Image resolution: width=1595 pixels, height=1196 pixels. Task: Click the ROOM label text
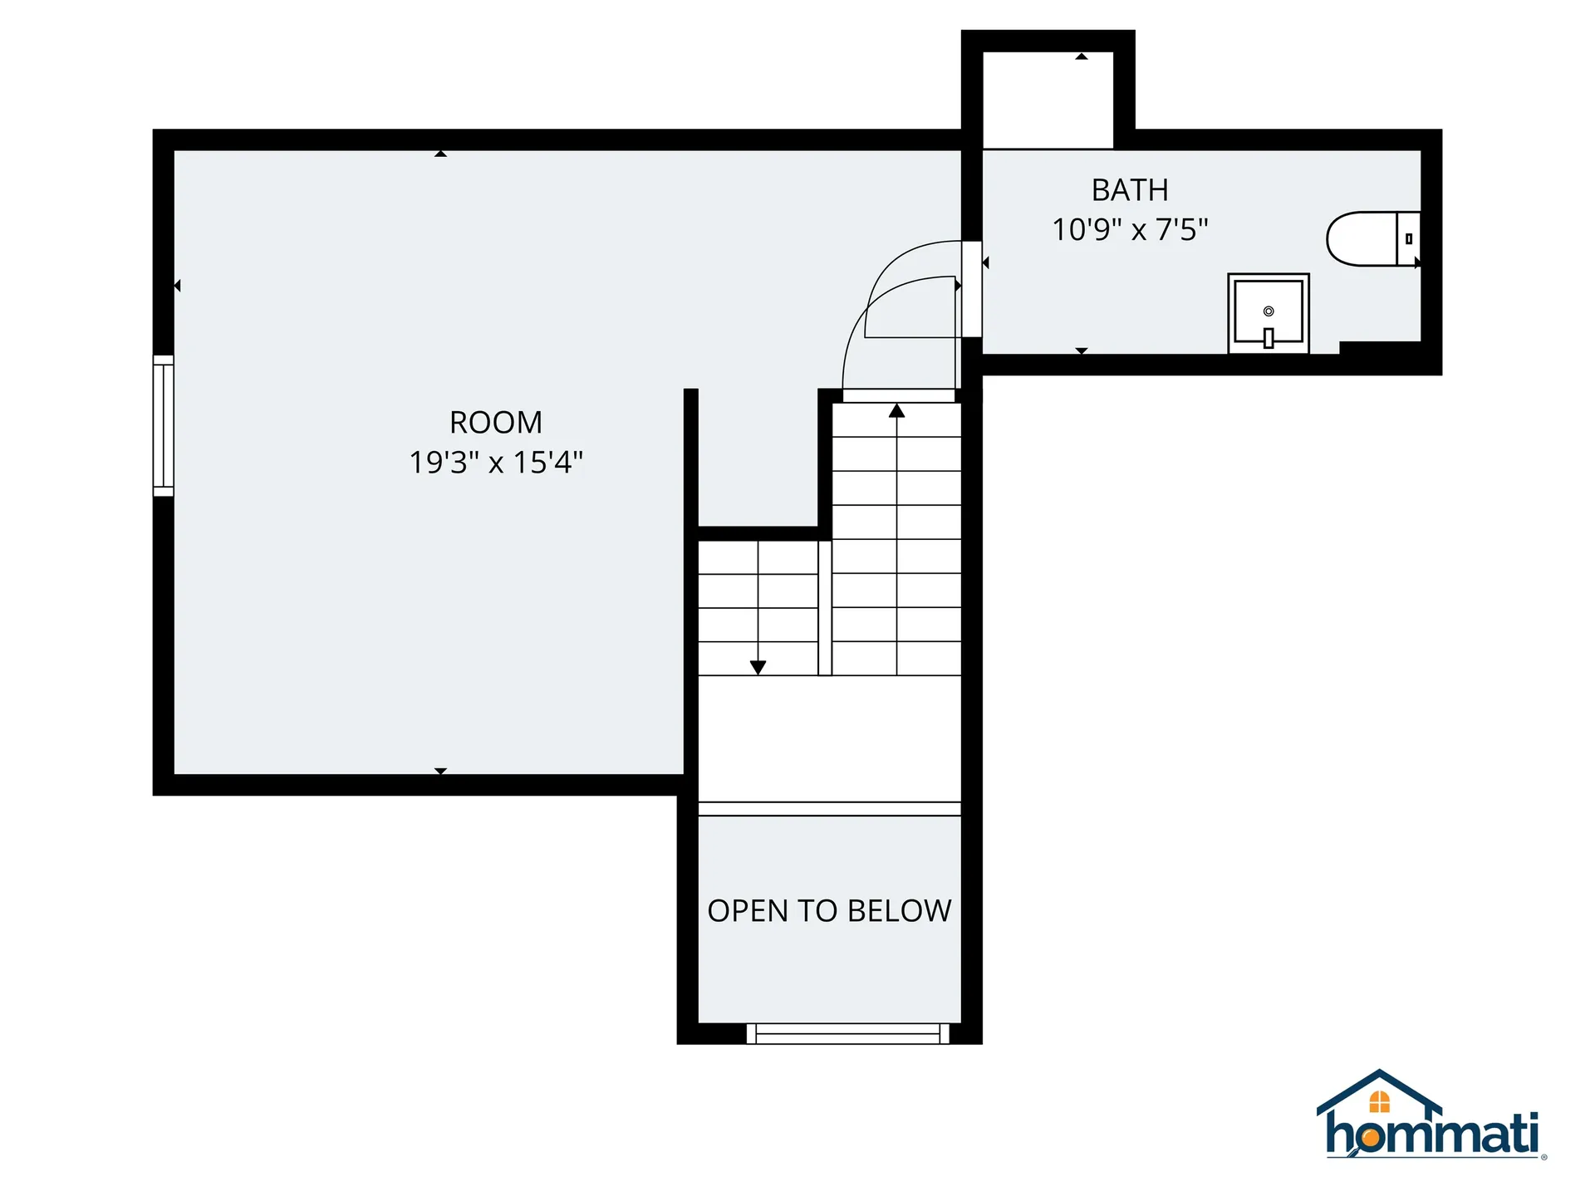(496, 423)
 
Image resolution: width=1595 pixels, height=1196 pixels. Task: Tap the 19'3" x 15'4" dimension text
(496, 463)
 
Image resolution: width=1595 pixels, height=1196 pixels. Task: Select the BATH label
(1130, 190)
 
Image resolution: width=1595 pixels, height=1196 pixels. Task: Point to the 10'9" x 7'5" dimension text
(1130, 229)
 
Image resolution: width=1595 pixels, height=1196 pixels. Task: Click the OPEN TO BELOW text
(829, 911)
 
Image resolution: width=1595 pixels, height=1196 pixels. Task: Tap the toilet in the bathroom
(1372, 239)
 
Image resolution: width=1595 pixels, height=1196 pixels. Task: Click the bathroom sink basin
(1269, 312)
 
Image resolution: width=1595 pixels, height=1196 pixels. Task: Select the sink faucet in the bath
(1269, 338)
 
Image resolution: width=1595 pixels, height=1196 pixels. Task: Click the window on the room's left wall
(164, 426)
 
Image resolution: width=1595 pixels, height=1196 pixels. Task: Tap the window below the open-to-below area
(847, 1034)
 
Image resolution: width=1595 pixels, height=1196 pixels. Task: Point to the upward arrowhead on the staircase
(896, 410)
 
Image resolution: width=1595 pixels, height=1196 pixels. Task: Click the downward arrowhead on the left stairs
(758, 667)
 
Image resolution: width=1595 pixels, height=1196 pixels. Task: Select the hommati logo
(1431, 1115)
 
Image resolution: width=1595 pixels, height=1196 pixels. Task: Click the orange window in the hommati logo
(1379, 1102)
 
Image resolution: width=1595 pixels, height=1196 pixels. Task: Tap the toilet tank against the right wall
(1409, 239)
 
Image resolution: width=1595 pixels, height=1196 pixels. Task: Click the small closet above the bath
(1048, 100)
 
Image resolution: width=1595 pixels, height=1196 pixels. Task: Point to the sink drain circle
(1269, 311)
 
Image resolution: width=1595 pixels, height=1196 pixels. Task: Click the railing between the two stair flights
(825, 608)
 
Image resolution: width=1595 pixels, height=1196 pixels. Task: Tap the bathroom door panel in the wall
(972, 289)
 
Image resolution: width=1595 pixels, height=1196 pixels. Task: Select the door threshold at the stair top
(899, 396)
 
